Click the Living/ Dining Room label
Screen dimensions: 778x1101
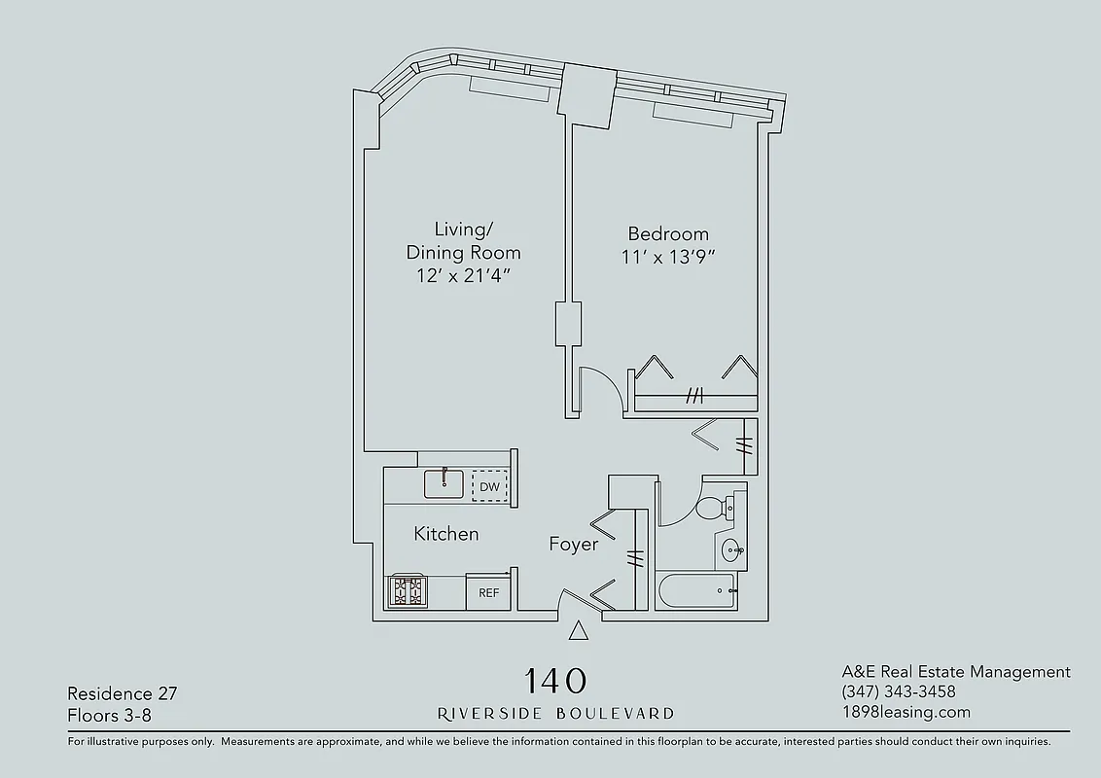[463, 241]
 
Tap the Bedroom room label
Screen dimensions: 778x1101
[668, 233]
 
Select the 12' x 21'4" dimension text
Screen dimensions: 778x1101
[463, 275]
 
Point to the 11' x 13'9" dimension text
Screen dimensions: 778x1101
[668, 258]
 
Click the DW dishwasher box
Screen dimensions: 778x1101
[489, 486]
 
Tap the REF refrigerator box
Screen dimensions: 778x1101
[488, 592]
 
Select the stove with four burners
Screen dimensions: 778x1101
[408, 591]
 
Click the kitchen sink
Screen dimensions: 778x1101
[446, 483]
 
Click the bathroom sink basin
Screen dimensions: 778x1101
[730, 551]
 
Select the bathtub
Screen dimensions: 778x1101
[695, 590]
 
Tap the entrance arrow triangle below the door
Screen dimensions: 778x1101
[579, 632]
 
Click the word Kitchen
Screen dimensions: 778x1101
[446, 534]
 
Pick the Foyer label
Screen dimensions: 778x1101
[574, 544]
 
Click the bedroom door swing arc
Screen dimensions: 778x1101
[598, 389]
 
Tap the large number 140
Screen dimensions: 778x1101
[555, 679]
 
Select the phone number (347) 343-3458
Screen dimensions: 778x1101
[899, 691]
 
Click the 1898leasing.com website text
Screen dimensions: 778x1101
[906, 712]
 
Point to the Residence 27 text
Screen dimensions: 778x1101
[122, 693]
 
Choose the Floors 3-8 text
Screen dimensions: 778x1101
[109, 716]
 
